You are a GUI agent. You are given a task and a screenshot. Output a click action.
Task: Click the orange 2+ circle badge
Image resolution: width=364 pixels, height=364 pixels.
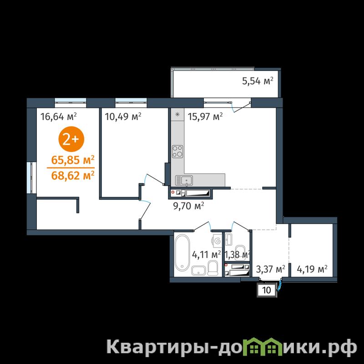coord(71,139)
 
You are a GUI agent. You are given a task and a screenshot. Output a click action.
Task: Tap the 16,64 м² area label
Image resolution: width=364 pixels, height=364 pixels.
coord(59,116)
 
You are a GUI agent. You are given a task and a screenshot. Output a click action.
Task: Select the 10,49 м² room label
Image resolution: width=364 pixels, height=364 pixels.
coord(123,116)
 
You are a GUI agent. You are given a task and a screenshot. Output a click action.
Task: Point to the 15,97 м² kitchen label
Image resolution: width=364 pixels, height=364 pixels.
coord(205,116)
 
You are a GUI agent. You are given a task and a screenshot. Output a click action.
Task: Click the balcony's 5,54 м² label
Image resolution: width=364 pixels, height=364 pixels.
coord(258,81)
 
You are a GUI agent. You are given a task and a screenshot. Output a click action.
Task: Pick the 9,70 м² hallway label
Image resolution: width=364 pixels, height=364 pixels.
coord(188,206)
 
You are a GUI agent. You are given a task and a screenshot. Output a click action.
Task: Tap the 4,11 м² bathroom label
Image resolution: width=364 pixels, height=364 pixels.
coord(206,255)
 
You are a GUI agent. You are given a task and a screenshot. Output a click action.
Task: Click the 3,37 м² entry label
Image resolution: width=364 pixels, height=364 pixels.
coord(270,269)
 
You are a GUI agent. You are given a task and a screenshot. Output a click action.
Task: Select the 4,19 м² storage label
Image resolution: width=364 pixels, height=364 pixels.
coord(312,269)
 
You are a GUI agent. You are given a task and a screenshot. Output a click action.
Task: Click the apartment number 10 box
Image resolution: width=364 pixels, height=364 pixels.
coord(267,290)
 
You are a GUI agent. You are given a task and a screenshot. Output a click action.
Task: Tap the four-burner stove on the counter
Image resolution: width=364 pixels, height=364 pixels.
coord(177,152)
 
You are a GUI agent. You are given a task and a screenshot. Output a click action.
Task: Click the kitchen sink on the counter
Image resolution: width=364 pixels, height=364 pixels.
coord(184,180)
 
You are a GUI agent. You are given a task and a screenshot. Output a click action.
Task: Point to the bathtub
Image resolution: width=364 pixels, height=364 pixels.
coord(182,253)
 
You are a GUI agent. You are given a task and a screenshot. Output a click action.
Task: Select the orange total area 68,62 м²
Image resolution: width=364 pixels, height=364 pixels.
coord(73,175)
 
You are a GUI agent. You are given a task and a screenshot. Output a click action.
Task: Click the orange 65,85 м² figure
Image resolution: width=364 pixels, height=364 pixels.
coord(73,160)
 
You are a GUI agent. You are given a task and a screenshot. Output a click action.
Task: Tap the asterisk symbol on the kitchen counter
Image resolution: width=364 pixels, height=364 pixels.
coord(177,114)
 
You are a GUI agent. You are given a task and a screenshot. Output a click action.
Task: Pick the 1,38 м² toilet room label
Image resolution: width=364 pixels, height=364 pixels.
coord(237,255)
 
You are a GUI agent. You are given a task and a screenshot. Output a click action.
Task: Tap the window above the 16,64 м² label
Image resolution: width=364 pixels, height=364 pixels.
coord(71,100)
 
